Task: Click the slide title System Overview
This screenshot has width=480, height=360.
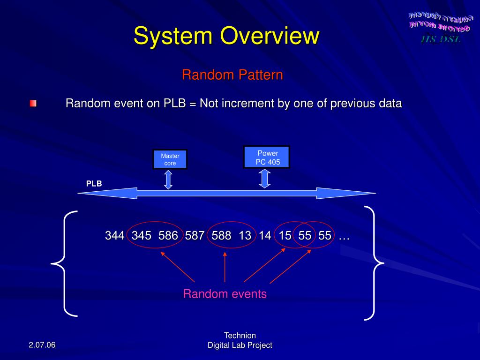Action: click(x=226, y=36)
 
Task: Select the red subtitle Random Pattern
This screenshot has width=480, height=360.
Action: click(x=232, y=75)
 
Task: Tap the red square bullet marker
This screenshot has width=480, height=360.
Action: click(x=33, y=103)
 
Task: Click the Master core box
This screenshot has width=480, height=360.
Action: click(x=170, y=159)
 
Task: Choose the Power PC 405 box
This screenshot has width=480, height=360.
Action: click(x=267, y=157)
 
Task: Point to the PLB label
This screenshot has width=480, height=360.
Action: click(x=94, y=184)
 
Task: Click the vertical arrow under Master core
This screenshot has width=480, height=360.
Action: click(x=168, y=180)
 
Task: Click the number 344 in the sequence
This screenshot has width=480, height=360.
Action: click(x=114, y=236)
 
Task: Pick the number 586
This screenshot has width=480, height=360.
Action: click(x=168, y=236)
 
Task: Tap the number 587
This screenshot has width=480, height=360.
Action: click(x=195, y=236)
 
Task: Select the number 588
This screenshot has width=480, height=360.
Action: click(x=221, y=236)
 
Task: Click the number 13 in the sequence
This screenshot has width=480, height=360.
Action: click(x=245, y=236)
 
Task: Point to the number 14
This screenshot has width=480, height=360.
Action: click(x=265, y=236)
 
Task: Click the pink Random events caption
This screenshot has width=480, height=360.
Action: click(x=225, y=294)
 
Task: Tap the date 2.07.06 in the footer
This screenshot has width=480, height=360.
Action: click(x=42, y=345)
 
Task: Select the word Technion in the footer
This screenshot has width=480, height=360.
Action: click(x=240, y=335)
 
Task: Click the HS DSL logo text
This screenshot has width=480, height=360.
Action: click(x=441, y=39)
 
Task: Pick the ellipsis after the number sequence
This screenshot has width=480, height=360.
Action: click(x=344, y=237)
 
